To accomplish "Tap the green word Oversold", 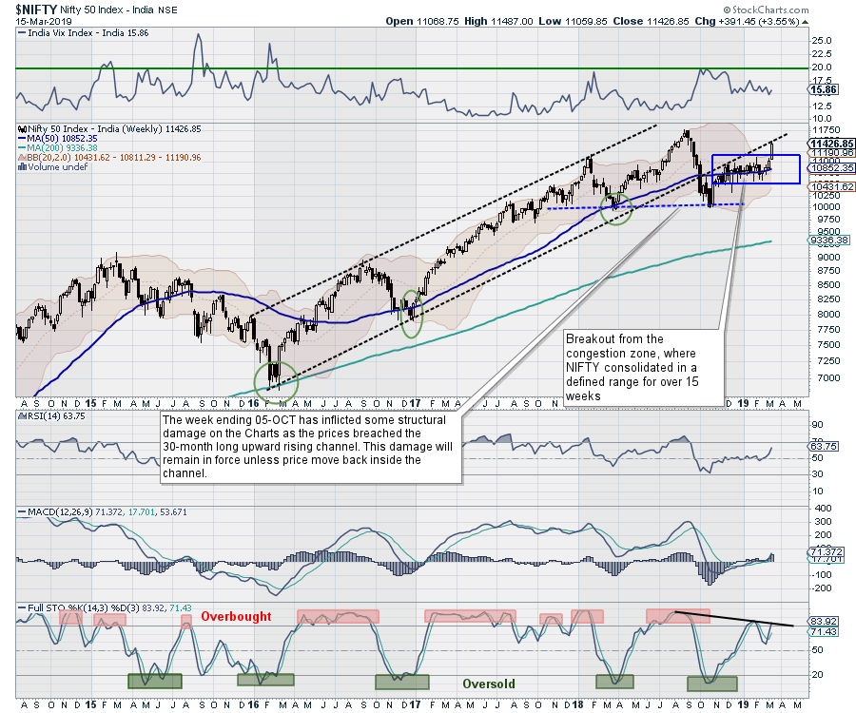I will tap(489, 684).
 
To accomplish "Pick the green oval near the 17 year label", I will tap(412, 314).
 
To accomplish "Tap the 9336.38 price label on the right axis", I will tap(820, 240).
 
